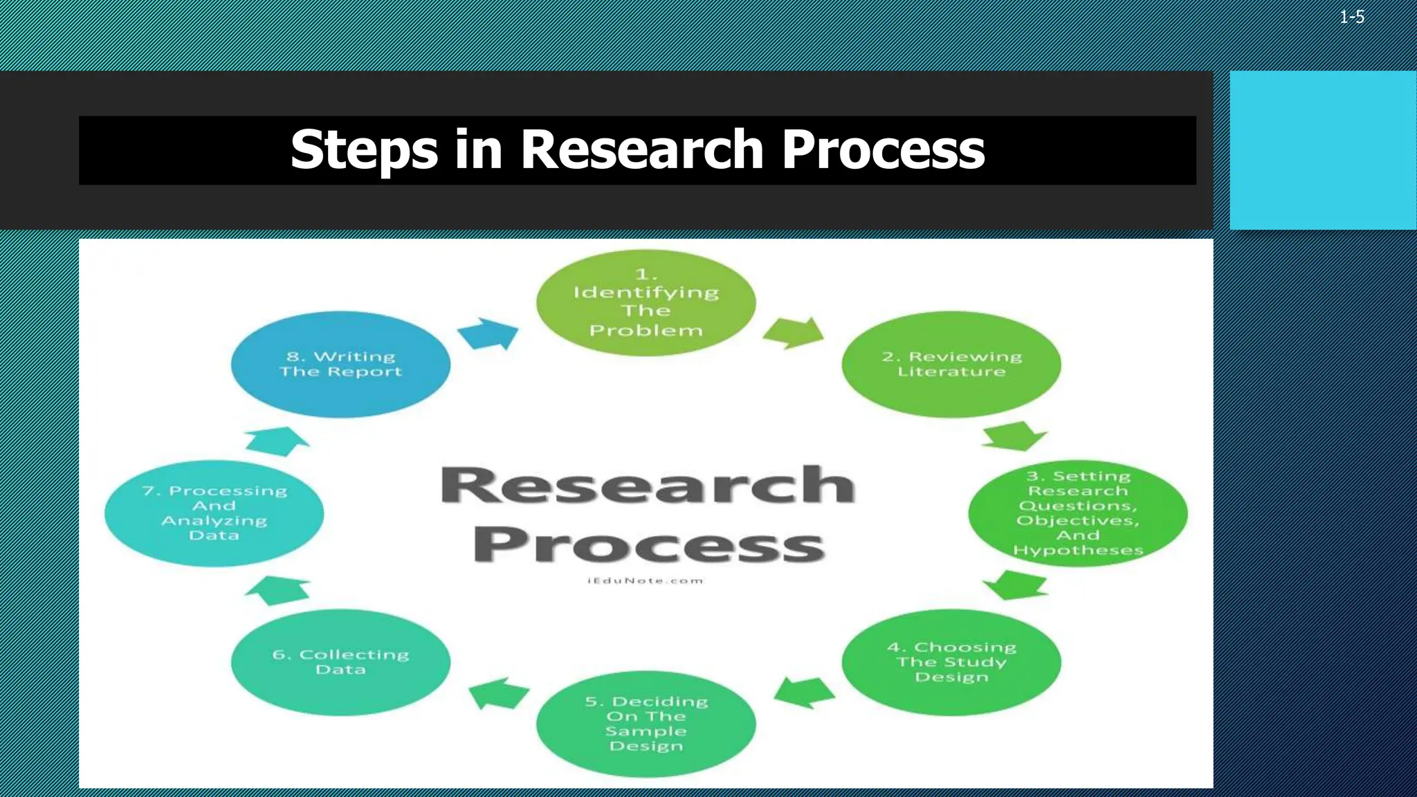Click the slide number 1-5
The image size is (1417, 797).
[x=1351, y=17]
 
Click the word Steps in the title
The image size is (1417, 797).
[x=364, y=150]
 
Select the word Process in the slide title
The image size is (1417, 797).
[x=883, y=150]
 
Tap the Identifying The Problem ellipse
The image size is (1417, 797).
[x=646, y=303]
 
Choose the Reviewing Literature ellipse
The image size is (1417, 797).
[x=951, y=365]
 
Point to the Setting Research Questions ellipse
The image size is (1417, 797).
[x=1077, y=513]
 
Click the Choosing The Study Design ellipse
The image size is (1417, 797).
[x=951, y=662]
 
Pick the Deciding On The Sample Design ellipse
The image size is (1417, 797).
[x=646, y=724]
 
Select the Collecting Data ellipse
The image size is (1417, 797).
[x=340, y=662]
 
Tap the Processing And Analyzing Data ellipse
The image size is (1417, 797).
[x=214, y=513]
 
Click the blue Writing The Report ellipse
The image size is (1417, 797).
[x=340, y=365]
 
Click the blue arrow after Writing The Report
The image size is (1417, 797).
[x=489, y=334]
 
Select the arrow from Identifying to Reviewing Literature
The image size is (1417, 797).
[x=794, y=333]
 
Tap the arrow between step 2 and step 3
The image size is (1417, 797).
[x=1014, y=436]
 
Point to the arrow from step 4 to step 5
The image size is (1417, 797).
[x=804, y=692]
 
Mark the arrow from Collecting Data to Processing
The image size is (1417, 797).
[x=277, y=589]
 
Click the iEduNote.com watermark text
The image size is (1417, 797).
[x=646, y=580]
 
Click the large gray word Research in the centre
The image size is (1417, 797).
[x=648, y=486]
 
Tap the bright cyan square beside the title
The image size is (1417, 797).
[x=1323, y=150]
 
